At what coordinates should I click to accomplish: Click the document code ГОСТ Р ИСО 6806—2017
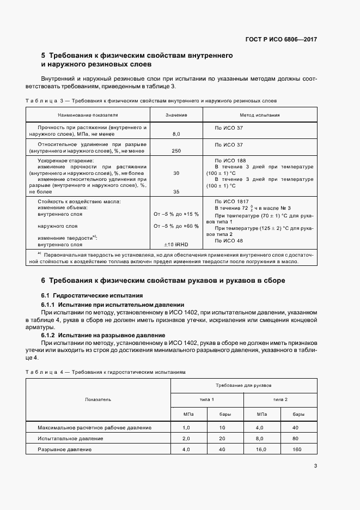point(282,39)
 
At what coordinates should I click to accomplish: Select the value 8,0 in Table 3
point(176,133)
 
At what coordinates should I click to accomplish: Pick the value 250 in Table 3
point(176,150)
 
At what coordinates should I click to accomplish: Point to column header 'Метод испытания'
point(260,116)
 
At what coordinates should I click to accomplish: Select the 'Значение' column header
point(176,116)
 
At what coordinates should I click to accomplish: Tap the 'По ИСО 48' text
point(229,240)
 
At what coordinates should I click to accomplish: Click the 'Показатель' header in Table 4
point(98,399)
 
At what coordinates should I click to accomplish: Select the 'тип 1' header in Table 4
point(206,399)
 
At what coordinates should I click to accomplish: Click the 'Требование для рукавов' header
point(243,385)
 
